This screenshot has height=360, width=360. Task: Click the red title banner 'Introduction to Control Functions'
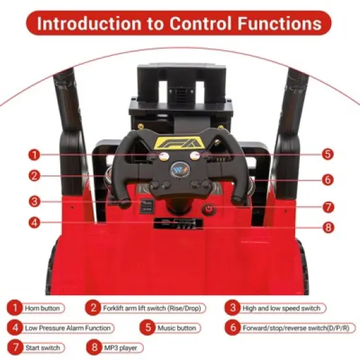coord(179,23)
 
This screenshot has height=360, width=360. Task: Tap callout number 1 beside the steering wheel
coord(35,154)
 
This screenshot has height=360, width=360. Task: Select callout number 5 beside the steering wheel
coord(328,154)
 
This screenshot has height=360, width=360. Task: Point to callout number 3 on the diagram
coord(35,202)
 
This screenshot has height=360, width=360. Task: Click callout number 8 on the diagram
coord(329,227)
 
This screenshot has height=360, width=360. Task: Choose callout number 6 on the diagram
coord(328,179)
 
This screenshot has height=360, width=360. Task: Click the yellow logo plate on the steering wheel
coord(180,143)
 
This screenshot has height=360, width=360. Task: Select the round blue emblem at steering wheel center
coord(180,170)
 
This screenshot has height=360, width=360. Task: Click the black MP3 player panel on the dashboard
coord(178,224)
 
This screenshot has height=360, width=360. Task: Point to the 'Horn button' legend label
coord(43,308)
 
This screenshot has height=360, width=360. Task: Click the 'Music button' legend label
coord(177,328)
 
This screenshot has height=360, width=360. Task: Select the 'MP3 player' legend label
coord(121,348)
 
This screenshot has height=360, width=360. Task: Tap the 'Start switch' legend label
coord(43,348)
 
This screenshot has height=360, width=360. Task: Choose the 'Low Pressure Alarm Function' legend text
coord(67,328)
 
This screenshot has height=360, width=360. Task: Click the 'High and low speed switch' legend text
coord(281,308)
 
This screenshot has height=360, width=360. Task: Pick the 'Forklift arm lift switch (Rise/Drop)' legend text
coord(152,308)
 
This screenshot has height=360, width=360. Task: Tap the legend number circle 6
coord(233,327)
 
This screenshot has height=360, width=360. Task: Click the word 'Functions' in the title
coord(279,24)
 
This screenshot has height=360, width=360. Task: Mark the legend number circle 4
coord(15,327)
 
